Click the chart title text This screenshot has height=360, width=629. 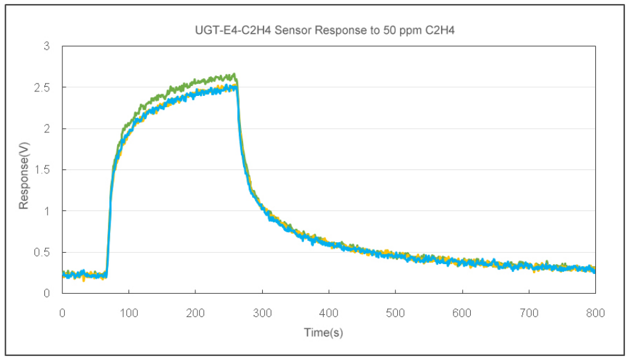pyautogui.click(x=324, y=30)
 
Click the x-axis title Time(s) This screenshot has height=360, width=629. pyautogui.click(x=323, y=332)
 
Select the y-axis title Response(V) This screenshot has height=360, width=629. pyautogui.click(x=24, y=175)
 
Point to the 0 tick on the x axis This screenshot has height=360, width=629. pyautogui.click(x=62, y=313)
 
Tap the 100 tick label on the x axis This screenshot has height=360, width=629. pyautogui.click(x=128, y=313)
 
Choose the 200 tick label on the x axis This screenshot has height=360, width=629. pyautogui.click(x=195, y=313)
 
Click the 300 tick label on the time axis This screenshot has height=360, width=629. pyautogui.click(x=262, y=313)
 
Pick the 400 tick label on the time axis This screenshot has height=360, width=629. pyautogui.click(x=329, y=313)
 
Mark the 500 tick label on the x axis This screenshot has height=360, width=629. pyautogui.click(x=395, y=313)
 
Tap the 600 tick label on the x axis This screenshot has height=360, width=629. pyautogui.click(x=462, y=313)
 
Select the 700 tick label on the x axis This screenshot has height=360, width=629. pyautogui.click(x=529, y=313)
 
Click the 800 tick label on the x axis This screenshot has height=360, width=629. pyautogui.click(x=595, y=313)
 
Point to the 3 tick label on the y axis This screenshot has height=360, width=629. pyautogui.click(x=47, y=46)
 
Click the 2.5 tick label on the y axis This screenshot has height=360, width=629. pyautogui.click(x=42, y=87)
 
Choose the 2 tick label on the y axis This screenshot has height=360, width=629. pyautogui.click(x=47, y=128)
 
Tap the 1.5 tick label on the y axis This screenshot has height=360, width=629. pyautogui.click(x=42, y=170)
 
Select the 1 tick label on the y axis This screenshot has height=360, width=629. pyautogui.click(x=47, y=211)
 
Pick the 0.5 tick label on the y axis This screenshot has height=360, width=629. pyautogui.click(x=42, y=253)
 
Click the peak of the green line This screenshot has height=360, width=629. pyautogui.click(x=234, y=73)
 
